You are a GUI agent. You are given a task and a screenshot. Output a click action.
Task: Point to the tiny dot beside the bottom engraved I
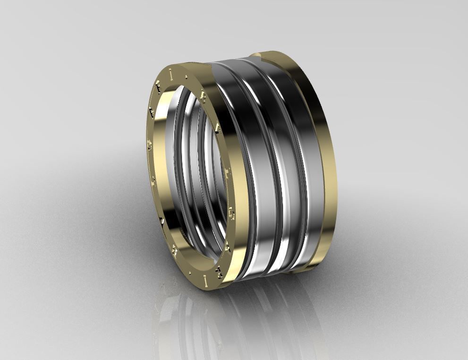tap(191, 273)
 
